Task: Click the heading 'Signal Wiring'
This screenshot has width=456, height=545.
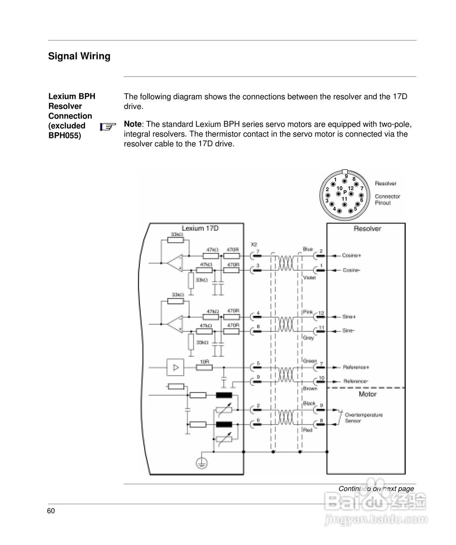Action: click(x=79, y=56)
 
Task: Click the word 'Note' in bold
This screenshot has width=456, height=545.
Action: click(x=132, y=124)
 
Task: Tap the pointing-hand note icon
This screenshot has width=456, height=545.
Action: click(x=108, y=126)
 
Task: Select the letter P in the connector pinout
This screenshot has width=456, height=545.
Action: click(x=345, y=192)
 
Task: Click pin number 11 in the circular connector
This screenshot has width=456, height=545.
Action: click(x=344, y=199)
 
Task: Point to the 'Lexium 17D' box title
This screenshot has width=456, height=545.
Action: click(x=200, y=228)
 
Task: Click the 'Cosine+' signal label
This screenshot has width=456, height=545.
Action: click(x=352, y=255)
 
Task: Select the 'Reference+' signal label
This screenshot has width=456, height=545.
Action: click(x=356, y=367)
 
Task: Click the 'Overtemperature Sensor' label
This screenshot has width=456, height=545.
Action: click(x=363, y=418)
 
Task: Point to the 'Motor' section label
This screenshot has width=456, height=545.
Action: click(x=367, y=394)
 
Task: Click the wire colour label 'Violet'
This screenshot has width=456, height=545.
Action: click(x=309, y=278)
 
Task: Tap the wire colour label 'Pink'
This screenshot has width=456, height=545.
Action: click(x=308, y=312)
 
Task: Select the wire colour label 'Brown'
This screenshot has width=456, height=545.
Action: click(x=310, y=389)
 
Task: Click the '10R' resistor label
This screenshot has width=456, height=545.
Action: click(x=204, y=361)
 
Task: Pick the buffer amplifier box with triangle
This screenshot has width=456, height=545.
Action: click(x=175, y=367)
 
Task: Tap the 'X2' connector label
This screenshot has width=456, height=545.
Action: click(x=254, y=244)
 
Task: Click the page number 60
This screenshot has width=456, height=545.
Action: click(x=51, y=511)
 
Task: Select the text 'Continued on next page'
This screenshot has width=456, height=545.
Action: click(x=376, y=489)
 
